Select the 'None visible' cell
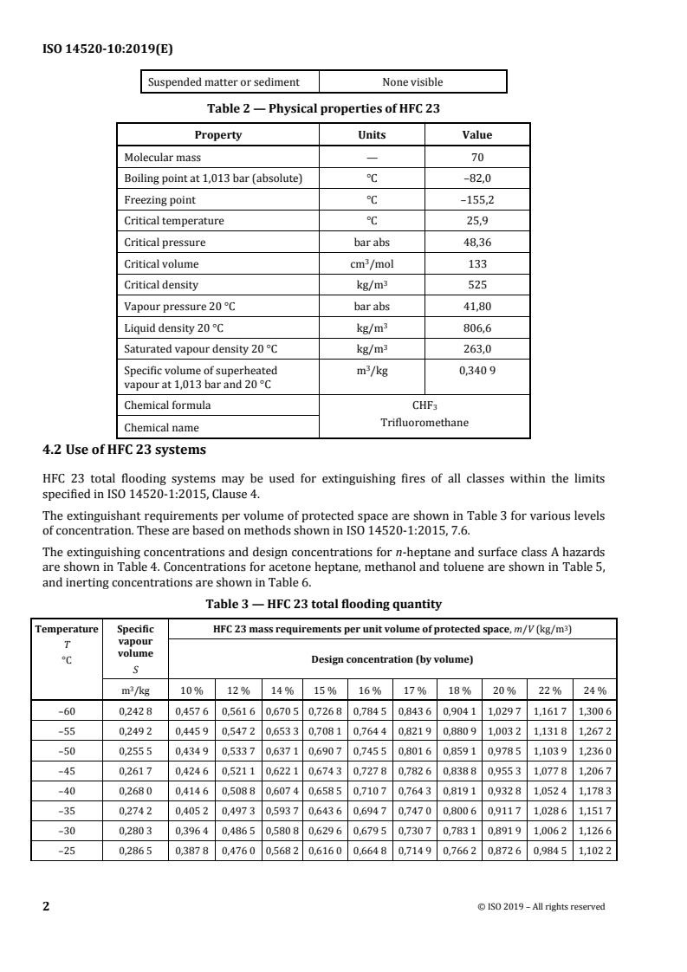412,82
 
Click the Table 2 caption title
323,108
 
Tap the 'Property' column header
217,135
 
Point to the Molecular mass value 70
477,158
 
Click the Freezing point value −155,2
477,200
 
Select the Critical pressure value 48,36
477,243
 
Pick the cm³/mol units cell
372,264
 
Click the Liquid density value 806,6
477,327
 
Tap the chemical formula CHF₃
425,405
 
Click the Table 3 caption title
323,604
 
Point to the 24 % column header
593,690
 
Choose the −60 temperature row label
66,711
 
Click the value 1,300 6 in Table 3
593,711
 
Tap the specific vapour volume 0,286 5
134,852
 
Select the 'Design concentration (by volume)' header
392,659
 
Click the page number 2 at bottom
47,907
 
